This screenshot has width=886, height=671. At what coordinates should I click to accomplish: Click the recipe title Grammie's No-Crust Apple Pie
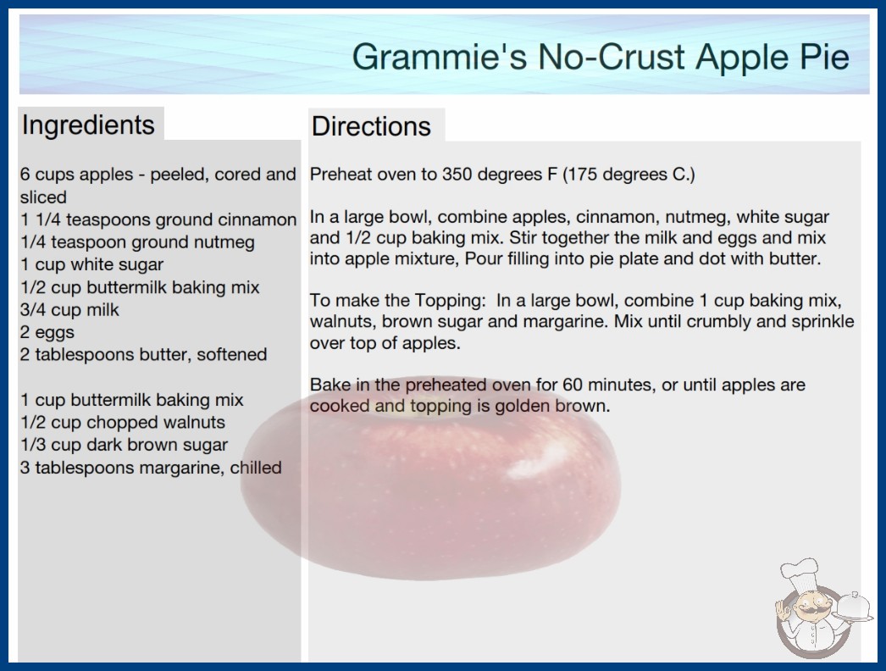(601, 57)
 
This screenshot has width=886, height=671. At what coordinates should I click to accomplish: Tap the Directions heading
(371, 126)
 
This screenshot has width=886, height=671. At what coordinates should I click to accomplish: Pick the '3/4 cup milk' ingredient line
(70, 310)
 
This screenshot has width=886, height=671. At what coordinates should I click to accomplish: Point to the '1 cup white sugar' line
(92, 264)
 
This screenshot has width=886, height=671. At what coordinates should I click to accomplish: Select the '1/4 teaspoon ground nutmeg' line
(138, 242)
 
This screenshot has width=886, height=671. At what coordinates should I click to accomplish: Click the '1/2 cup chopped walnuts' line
(123, 422)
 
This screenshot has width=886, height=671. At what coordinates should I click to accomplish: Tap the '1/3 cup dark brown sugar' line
(125, 445)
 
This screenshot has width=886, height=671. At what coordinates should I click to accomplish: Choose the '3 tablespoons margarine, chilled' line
(151, 468)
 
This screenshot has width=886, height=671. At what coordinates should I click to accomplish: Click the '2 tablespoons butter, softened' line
(143, 354)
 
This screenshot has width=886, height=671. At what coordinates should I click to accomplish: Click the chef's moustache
(808, 611)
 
